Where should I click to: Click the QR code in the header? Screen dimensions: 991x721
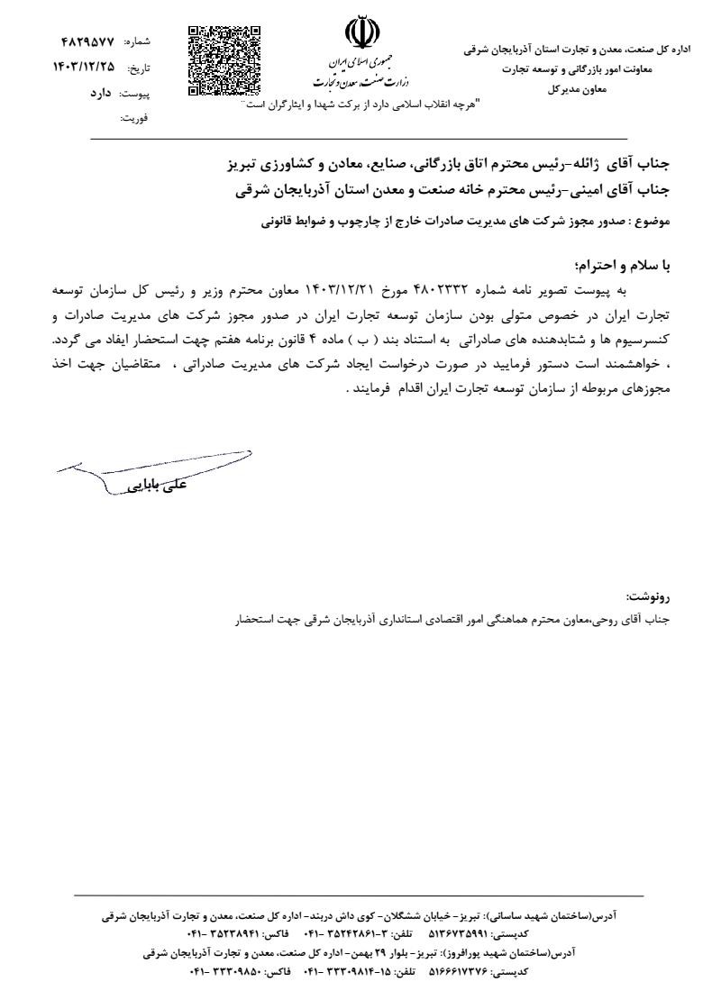coord(224,60)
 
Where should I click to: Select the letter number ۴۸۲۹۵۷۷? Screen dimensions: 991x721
coord(88,42)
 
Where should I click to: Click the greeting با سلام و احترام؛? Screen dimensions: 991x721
coord(622,267)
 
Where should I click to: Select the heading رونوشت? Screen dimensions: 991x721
coord(649,597)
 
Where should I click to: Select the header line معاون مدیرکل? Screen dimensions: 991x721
coord(576,89)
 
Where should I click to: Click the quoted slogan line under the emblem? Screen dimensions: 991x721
coord(363,105)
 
